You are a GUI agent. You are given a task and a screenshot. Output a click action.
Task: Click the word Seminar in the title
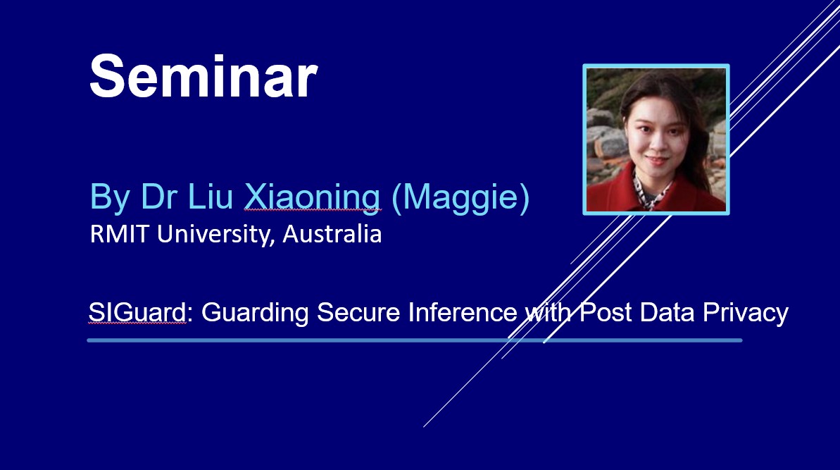pyautogui.click(x=203, y=75)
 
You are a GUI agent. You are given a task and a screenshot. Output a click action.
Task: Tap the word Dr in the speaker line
pyautogui.click(x=160, y=197)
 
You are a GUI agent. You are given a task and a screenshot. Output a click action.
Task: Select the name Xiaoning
pyautogui.click(x=313, y=197)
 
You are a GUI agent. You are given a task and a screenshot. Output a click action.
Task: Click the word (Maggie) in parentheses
pyautogui.click(x=460, y=198)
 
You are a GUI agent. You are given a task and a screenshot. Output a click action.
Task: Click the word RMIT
pyautogui.click(x=119, y=234)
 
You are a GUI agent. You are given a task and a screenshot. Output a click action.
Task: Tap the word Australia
pyautogui.click(x=332, y=234)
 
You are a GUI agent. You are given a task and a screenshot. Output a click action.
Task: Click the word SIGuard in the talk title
pyautogui.click(x=137, y=312)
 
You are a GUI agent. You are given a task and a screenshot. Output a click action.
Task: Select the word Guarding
pyautogui.click(x=255, y=313)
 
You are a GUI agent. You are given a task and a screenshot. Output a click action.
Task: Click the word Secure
pyautogui.click(x=358, y=312)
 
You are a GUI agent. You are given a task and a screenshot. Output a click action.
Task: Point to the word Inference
pyautogui.click(x=463, y=312)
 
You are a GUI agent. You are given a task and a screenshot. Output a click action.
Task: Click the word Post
pyautogui.click(x=606, y=312)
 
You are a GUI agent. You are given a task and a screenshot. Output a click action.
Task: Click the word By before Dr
pyautogui.click(x=111, y=198)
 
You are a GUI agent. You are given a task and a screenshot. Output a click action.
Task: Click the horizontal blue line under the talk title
pyautogui.click(x=415, y=340)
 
